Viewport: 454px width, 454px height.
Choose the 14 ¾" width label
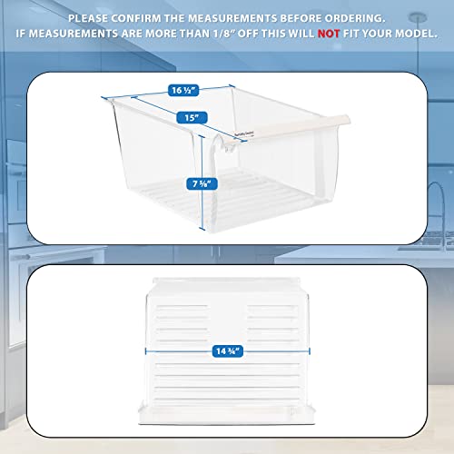224,347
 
